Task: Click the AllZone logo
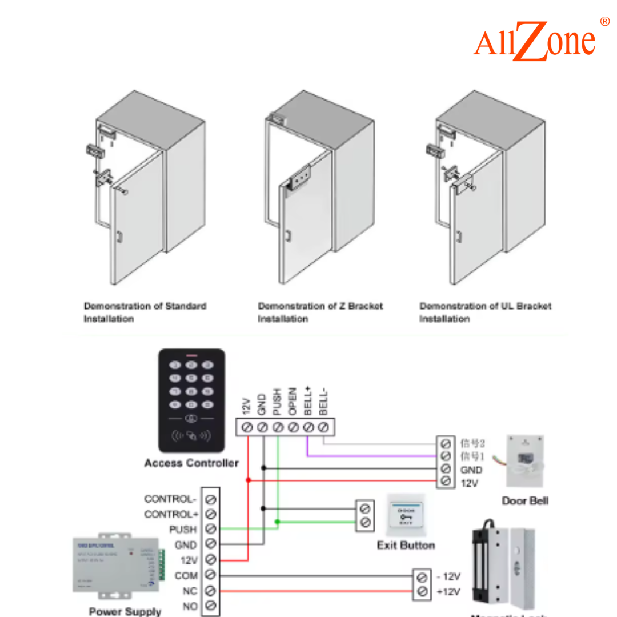pyautogui.click(x=535, y=41)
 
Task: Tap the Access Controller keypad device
pyautogui.click(x=191, y=400)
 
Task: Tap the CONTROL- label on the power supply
pyautogui.click(x=170, y=499)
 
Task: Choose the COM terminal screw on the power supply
pyautogui.click(x=210, y=575)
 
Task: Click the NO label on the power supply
pyautogui.click(x=190, y=606)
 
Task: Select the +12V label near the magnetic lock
pyautogui.click(x=448, y=592)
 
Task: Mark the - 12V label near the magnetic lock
pyautogui.click(x=448, y=576)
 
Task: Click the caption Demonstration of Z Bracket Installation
pyautogui.click(x=320, y=312)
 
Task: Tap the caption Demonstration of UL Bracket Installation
pyautogui.click(x=485, y=312)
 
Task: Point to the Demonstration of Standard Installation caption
pyautogui.click(x=145, y=312)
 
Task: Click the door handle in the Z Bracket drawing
pyautogui.click(x=289, y=235)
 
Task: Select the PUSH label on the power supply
pyautogui.click(x=182, y=530)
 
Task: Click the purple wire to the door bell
pyautogui.click(x=371, y=456)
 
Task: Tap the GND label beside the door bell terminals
pyautogui.click(x=471, y=470)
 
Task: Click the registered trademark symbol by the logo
pyautogui.click(x=604, y=22)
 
